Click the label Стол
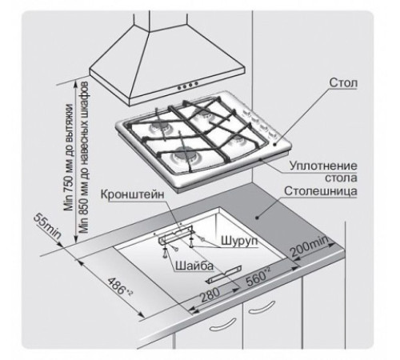[x=343, y=82]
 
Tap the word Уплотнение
[x=323, y=166]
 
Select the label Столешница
[x=321, y=191]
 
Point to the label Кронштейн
[x=132, y=194]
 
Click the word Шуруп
[x=239, y=241]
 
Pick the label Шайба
[x=194, y=266]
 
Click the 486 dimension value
[x=120, y=286]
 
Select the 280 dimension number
[x=210, y=294]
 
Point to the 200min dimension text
[x=310, y=247]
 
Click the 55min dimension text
[x=47, y=226]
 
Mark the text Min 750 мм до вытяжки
[x=69, y=157]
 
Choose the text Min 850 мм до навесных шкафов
[x=84, y=158]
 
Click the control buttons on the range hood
[x=188, y=85]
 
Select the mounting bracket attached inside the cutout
[x=175, y=234]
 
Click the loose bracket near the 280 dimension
[x=224, y=274]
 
